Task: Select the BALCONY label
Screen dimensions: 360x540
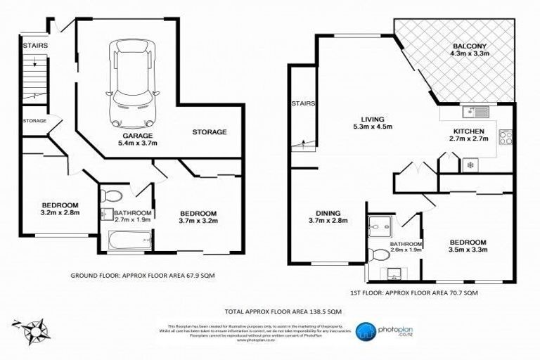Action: click(470, 49)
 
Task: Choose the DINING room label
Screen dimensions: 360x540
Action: click(328, 212)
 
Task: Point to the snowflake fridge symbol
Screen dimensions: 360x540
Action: click(470, 167)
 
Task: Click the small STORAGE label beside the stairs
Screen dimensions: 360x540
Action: click(34, 121)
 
